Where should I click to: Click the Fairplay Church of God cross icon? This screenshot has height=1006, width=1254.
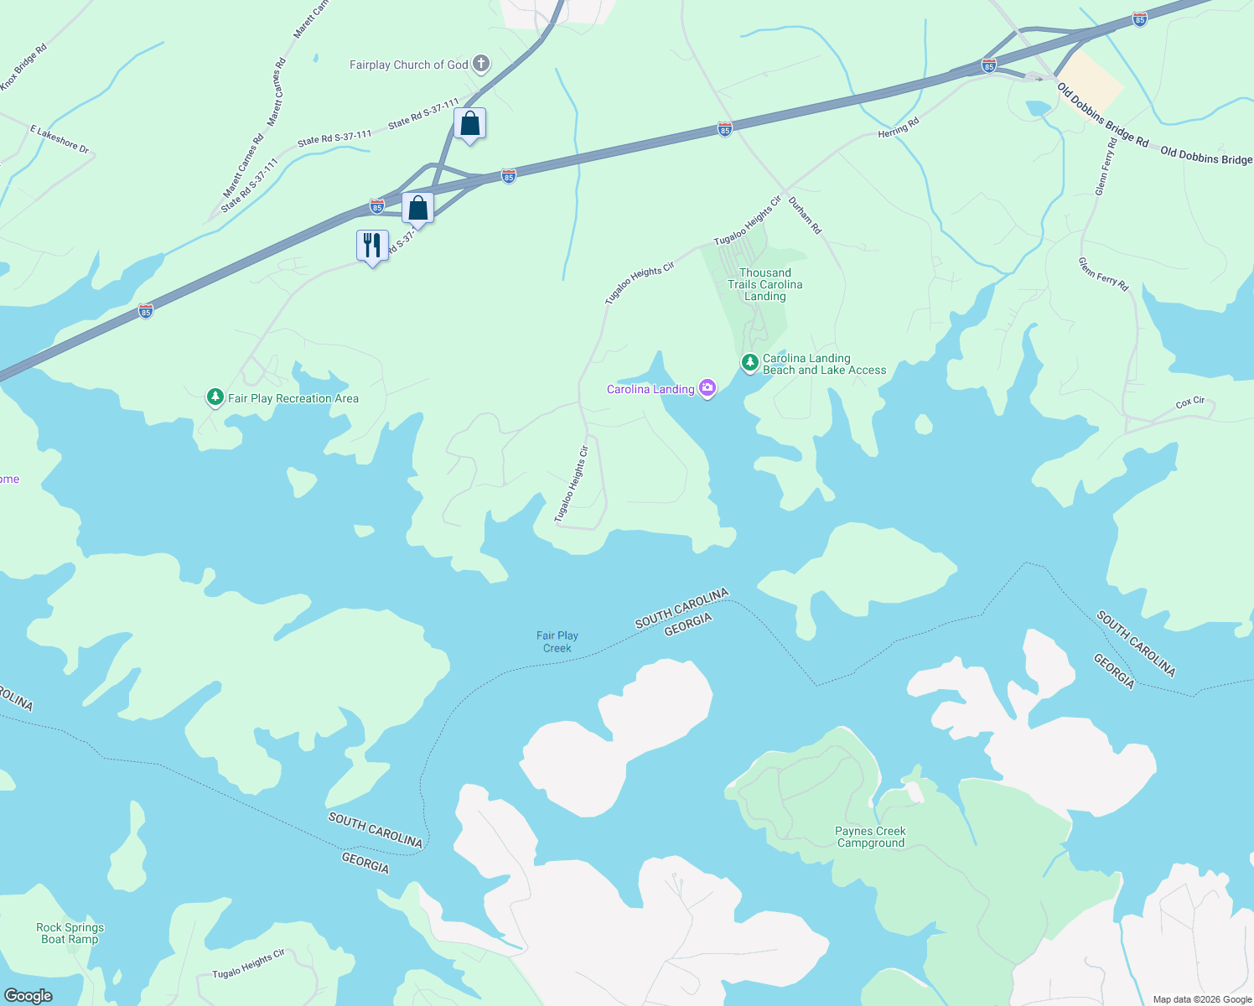click(481, 64)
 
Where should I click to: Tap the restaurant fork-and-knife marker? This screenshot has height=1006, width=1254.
click(372, 246)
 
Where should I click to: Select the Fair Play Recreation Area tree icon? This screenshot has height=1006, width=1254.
click(215, 397)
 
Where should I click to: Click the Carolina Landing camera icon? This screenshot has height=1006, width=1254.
click(707, 388)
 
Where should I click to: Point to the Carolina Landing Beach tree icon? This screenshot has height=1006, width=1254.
click(750, 363)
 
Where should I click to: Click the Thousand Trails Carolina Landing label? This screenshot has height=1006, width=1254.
click(764, 284)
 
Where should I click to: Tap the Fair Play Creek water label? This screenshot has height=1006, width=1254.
click(557, 642)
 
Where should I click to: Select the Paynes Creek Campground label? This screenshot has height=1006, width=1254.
click(870, 837)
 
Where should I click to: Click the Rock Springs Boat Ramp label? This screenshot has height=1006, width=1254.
click(70, 933)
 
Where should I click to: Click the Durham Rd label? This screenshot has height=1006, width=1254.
click(805, 215)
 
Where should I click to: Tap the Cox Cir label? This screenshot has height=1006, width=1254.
click(1189, 402)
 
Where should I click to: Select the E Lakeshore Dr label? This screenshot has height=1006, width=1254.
click(60, 139)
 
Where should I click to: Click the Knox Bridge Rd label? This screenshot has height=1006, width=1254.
click(23, 67)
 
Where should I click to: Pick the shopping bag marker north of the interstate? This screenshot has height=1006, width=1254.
click(470, 124)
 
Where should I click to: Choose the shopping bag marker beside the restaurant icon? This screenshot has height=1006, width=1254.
click(417, 208)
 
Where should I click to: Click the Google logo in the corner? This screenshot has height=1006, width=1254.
click(28, 996)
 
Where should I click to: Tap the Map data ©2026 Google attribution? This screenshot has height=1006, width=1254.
click(1202, 999)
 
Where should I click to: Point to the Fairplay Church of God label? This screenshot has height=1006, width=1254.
click(409, 65)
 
